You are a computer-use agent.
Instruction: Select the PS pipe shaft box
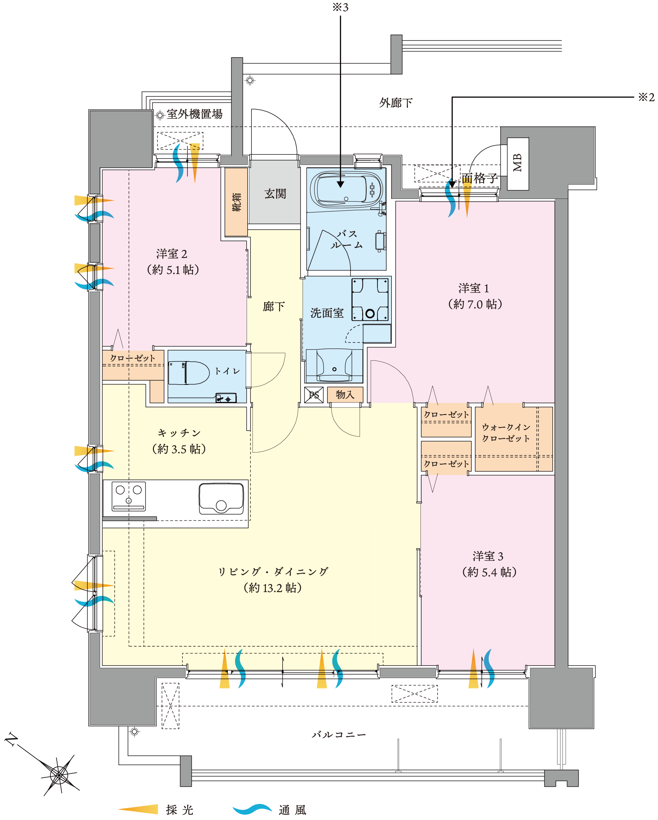click(x=314, y=395)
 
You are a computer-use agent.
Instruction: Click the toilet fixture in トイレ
click(x=189, y=373)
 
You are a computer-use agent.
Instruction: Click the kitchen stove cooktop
click(x=129, y=496)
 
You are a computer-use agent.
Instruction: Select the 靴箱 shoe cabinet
click(x=236, y=202)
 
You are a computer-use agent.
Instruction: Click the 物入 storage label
click(x=345, y=395)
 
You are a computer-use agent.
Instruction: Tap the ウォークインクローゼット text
click(x=506, y=433)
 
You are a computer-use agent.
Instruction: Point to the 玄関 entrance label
click(x=275, y=194)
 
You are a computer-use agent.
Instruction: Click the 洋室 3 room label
click(x=488, y=556)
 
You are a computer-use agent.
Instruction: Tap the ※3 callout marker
click(x=340, y=8)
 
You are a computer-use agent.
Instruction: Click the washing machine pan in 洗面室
click(x=370, y=300)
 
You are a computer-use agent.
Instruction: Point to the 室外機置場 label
click(x=194, y=114)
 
